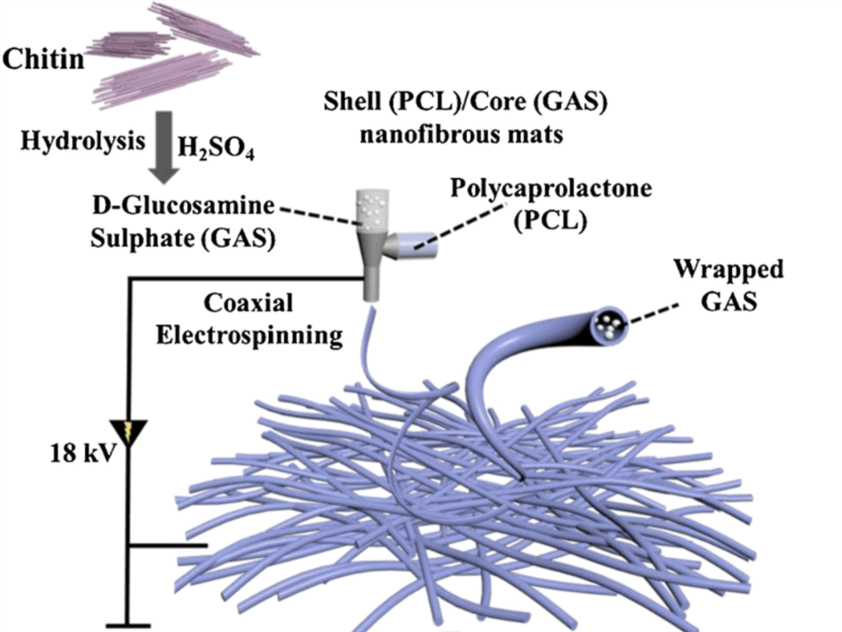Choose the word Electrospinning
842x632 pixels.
pyautogui.click(x=250, y=335)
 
